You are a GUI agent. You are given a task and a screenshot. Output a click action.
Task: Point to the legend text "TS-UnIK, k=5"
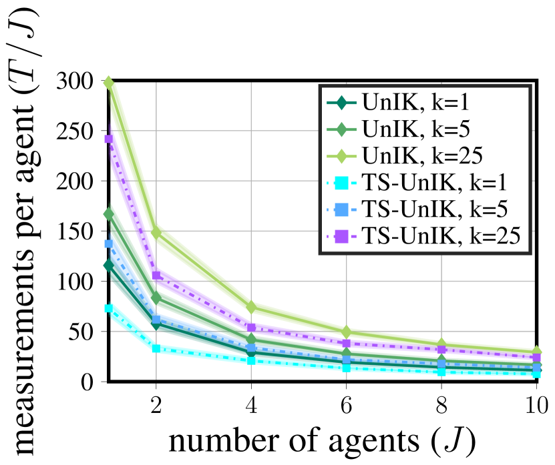pos(435,208)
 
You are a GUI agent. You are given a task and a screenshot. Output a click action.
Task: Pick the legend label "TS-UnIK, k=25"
pos(440,235)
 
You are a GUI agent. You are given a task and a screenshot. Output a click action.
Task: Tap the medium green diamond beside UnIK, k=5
pos(342,129)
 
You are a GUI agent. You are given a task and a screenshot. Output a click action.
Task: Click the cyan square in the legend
pos(342,182)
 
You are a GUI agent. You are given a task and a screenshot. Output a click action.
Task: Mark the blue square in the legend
pos(342,209)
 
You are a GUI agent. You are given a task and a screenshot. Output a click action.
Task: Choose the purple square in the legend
pos(342,236)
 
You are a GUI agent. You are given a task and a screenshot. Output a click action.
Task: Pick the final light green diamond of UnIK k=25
pos(536,350)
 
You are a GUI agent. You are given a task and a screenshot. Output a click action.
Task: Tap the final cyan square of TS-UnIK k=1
pos(536,374)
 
